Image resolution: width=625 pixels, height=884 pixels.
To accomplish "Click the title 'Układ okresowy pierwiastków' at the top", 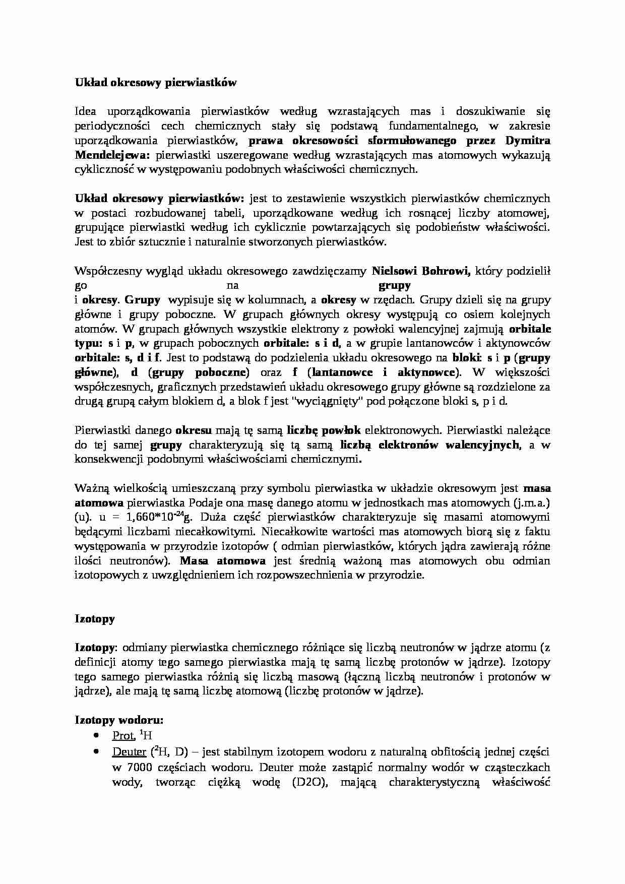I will pyautogui.click(x=155, y=83).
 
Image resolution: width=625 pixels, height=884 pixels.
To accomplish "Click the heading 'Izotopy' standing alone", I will pyautogui.click(x=95, y=619).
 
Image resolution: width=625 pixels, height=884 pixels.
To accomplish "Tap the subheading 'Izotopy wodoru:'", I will pyautogui.click(x=119, y=720).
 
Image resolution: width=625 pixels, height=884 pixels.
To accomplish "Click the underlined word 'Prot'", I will pyautogui.click(x=122, y=736).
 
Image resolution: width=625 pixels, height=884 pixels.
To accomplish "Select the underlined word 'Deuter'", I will pyautogui.click(x=129, y=752).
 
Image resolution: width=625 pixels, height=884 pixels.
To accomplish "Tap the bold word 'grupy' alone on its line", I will pyautogui.click(x=394, y=286).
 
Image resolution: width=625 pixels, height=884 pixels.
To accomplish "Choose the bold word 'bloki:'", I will pyautogui.click(x=467, y=358).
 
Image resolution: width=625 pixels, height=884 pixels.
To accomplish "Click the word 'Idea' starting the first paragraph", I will pyautogui.click(x=88, y=111).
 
